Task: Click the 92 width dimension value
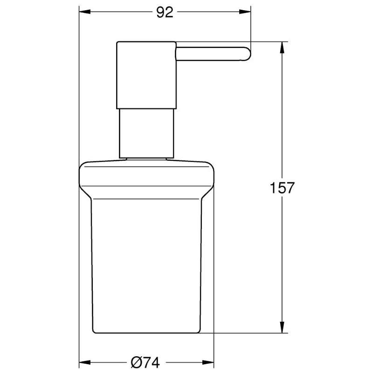[x=165, y=13]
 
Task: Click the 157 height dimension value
[x=283, y=188]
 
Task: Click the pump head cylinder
[x=146, y=75]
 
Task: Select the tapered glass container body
[x=147, y=266]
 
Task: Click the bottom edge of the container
[x=147, y=333]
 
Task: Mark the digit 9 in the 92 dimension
[x=160, y=13]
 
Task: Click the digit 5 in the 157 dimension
[x=283, y=188]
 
